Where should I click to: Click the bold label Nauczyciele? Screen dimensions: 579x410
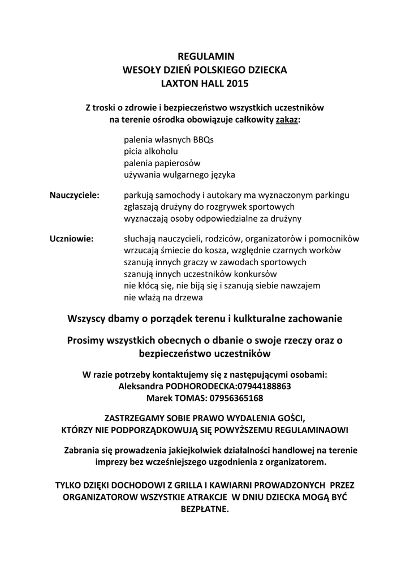point(75,195)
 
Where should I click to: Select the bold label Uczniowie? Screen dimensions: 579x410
point(72,239)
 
